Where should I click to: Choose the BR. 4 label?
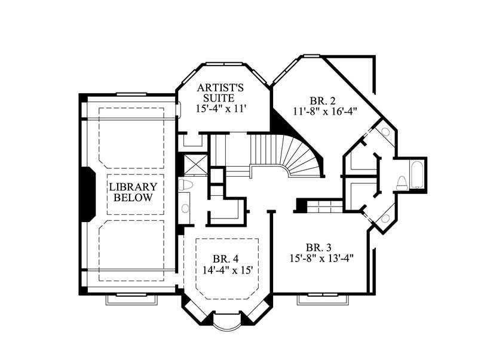(x=226, y=259)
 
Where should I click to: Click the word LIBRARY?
(x=133, y=186)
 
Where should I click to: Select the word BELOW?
(x=133, y=198)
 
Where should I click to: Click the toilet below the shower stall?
(x=185, y=185)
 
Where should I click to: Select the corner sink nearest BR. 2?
(x=386, y=132)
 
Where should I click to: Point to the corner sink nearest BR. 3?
(x=384, y=217)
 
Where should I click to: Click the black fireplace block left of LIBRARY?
(x=87, y=193)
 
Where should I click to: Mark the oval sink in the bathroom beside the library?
(x=185, y=208)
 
